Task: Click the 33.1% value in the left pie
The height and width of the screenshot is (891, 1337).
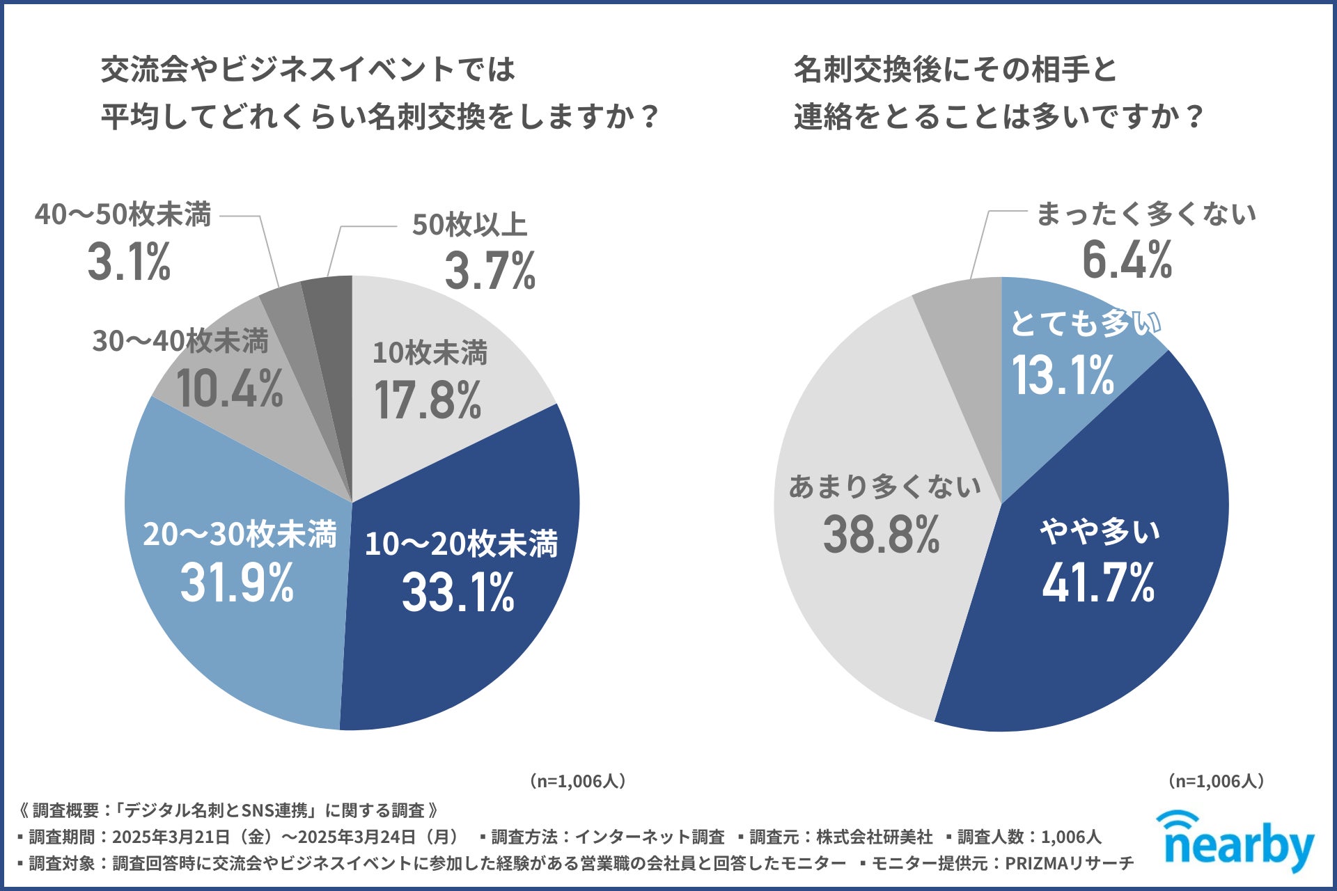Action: pos(458,592)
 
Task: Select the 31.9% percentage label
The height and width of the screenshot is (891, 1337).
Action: pos(237,583)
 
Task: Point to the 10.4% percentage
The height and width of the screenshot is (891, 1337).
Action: pos(230,388)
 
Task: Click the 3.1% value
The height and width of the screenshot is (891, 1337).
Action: pos(130,262)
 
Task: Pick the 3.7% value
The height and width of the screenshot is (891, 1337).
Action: pos(490,271)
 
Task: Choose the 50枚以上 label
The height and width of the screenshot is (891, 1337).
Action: pos(469,225)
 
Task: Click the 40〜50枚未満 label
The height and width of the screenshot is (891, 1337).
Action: pos(123,214)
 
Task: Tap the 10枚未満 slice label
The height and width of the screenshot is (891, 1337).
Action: pos(430,353)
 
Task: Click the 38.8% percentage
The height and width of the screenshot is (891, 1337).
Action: pos(881,535)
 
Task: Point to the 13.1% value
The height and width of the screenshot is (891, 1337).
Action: pos(1063,375)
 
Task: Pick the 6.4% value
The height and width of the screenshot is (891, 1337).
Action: pos(1127,260)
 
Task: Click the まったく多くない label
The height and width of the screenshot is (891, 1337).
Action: pos(1146,214)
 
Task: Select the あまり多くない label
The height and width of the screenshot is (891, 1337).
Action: pos(884,487)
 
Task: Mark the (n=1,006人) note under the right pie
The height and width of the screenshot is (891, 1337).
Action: pos(1216,781)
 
